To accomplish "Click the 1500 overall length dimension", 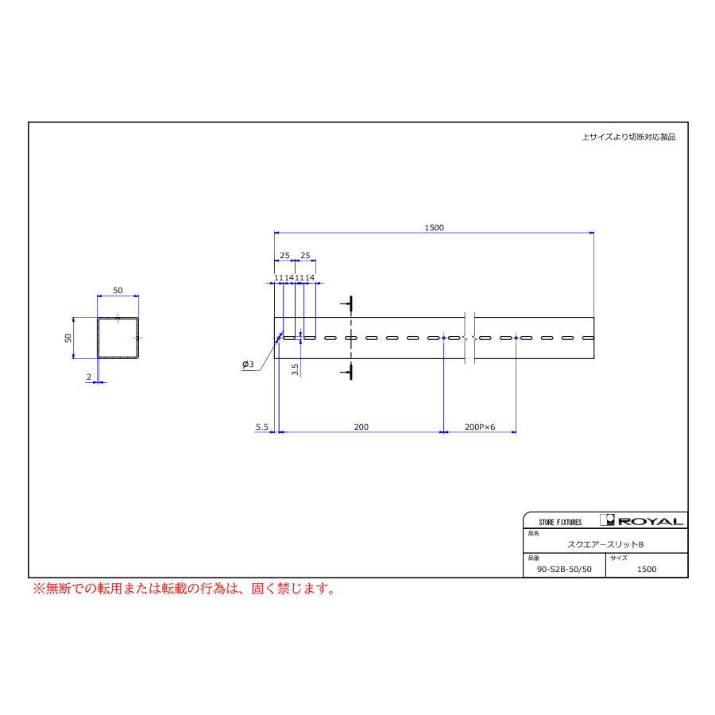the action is pyautogui.click(x=434, y=227).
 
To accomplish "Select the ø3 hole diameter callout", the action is pyautogui.click(x=248, y=365).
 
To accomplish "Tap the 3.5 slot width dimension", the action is pyautogui.click(x=295, y=369).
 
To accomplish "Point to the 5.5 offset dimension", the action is pyautogui.click(x=261, y=427).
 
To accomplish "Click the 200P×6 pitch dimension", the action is pyautogui.click(x=480, y=427).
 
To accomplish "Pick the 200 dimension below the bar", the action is pyautogui.click(x=361, y=427).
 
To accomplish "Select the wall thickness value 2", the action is pyautogui.click(x=89, y=377).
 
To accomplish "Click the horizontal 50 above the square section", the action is pyautogui.click(x=118, y=291).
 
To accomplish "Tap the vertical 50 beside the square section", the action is pyautogui.click(x=68, y=338).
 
